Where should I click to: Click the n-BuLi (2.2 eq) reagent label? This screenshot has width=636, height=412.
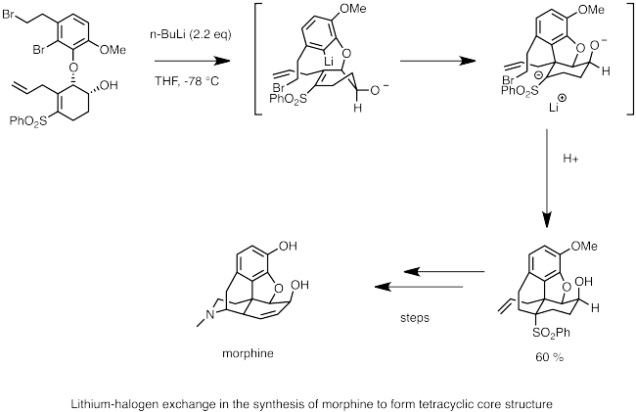(x=190, y=34)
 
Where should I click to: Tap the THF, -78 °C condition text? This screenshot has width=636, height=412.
(x=187, y=81)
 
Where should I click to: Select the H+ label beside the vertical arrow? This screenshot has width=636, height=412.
(x=570, y=159)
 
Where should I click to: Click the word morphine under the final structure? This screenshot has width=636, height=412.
(x=248, y=353)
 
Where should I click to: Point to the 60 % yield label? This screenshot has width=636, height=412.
(x=549, y=357)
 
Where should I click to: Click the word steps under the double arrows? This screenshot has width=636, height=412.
(x=415, y=317)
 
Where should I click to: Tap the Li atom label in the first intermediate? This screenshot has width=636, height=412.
(x=329, y=62)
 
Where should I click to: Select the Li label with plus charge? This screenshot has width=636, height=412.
(x=558, y=105)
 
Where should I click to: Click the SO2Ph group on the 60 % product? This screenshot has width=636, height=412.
(x=551, y=333)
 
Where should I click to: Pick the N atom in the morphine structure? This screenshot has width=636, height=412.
(x=209, y=314)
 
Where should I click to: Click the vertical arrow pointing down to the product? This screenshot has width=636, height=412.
(x=547, y=178)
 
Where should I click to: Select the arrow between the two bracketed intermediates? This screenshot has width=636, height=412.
(x=438, y=61)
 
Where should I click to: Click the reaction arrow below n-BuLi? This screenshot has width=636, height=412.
(x=192, y=61)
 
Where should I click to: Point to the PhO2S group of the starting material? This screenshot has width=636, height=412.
(x=28, y=121)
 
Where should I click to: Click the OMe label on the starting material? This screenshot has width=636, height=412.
(x=113, y=50)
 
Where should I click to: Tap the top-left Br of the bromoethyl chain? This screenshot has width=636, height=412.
(x=8, y=15)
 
